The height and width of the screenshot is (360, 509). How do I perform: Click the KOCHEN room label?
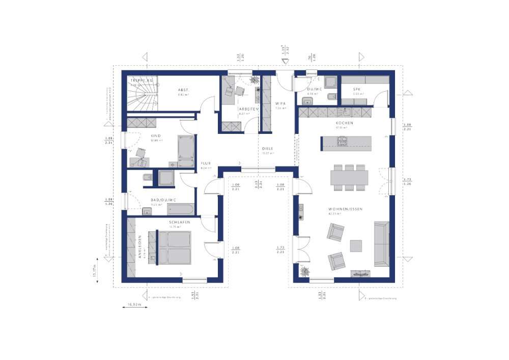coord(344,123)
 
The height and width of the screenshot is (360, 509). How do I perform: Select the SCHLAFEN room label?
coord(180,223)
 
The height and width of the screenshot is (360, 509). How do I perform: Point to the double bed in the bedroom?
coord(174,247)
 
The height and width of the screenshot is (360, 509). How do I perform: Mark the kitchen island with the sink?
coord(346,143)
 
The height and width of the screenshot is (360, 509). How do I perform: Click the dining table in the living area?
coord(349,177)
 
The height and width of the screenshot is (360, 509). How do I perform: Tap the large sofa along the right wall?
coord(381,243)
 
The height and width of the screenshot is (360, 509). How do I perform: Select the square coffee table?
coord(356,245)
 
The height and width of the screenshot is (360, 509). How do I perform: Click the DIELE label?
coord(268,148)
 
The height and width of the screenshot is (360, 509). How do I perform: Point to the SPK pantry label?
coord(357,90)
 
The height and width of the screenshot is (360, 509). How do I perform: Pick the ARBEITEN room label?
coord(248,109)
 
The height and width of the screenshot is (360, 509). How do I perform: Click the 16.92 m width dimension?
coord(134,304)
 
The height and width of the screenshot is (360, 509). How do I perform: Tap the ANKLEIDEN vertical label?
coord(140,247)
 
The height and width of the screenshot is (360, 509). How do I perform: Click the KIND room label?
coord(156,136)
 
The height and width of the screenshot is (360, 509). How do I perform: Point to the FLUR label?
coord(206,163)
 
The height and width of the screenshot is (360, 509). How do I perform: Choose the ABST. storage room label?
coord(183,90)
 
